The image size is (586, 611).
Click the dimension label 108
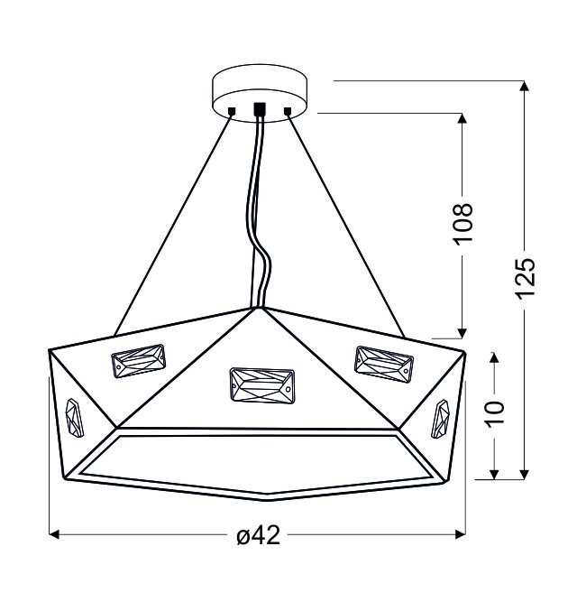pyautogui.click(x=463, y=223)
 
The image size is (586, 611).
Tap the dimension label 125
pyautogui.click(x=526, y=278)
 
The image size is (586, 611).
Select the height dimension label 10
pyautogui.click(x=495, y=413)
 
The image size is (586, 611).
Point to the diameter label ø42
pyautogui.click(x=259, y=534)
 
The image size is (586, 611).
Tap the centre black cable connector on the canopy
pyautogui.click(x=260, y=108)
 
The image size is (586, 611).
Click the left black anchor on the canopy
pyautogui.click(x=232, y=111)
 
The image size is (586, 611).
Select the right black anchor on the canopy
pyautogui.click(x=288, y=111)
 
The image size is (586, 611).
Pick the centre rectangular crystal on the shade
pyautogui.click(x=261, y=384)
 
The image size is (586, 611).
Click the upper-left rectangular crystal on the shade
pyautogui.click(x=139, y=360)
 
